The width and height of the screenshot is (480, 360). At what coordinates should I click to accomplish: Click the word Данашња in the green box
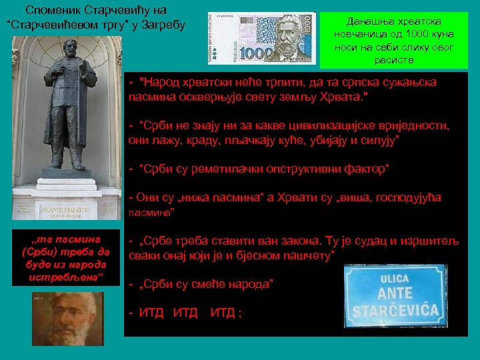click(372, 21)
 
